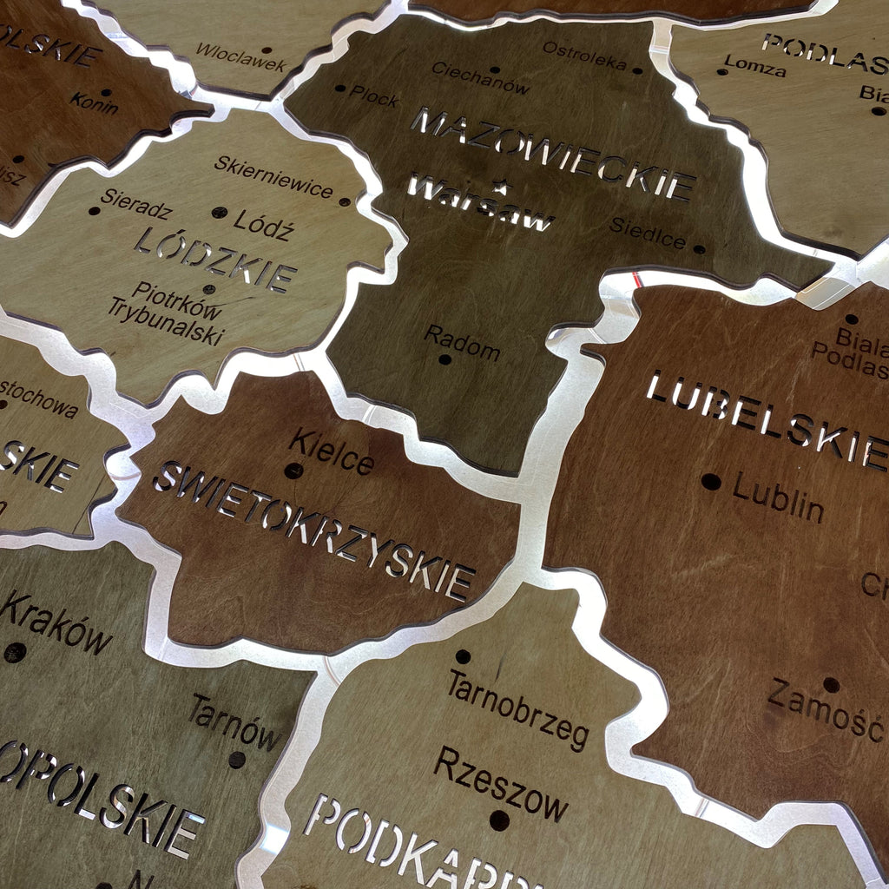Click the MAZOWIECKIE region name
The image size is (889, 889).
[x=553, y=154]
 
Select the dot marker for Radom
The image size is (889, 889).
[x=445, y=359]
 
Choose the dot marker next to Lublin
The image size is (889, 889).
[x=711, y=481]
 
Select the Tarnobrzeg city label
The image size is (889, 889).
[x=518, y=709]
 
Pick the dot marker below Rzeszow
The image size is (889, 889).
[x=499, y=820]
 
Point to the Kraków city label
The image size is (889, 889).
[x=56, y=623]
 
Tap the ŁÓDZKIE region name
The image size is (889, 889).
[x=215, y=258]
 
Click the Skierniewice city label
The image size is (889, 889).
[x=273, y=176]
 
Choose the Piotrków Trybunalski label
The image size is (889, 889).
[x=167, y=314]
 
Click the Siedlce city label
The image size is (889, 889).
[x=648, y=232]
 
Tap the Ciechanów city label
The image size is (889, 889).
[x=480, y=77]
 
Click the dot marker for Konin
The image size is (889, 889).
[x=106, y=92]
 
